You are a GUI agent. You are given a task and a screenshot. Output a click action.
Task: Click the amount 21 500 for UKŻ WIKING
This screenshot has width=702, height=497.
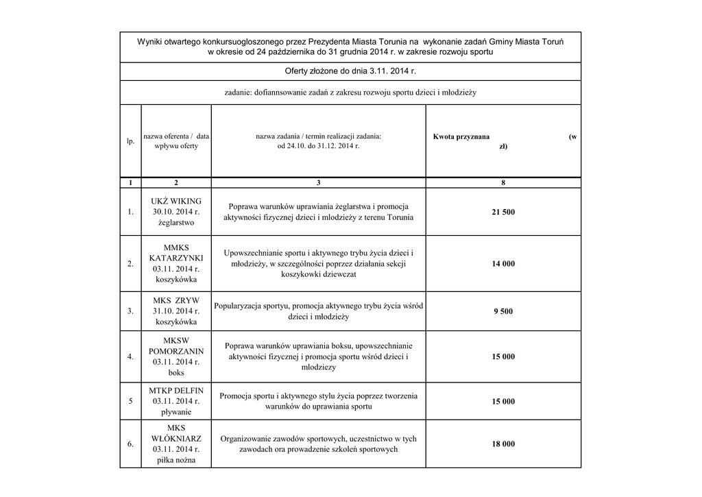503,213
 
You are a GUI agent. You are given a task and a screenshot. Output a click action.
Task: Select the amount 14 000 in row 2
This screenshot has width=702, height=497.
503,264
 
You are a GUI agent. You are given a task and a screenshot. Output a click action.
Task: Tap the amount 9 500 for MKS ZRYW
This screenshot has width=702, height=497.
503,311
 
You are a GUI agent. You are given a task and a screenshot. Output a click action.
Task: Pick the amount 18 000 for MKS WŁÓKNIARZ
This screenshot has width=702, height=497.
503,444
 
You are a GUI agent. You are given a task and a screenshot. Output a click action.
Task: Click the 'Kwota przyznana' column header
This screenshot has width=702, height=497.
461,137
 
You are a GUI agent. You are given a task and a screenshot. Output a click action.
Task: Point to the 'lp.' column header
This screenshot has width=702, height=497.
130,141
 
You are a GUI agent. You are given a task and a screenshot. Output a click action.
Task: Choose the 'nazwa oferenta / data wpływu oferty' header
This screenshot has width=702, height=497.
176,141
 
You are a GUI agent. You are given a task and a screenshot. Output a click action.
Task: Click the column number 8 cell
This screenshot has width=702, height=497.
503,183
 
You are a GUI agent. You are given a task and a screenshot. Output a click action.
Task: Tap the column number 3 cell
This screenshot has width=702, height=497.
318,183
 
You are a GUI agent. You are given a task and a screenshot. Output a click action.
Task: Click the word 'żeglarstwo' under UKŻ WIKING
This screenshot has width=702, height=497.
176,223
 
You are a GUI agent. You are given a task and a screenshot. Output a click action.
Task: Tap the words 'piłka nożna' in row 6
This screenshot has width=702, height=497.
176,461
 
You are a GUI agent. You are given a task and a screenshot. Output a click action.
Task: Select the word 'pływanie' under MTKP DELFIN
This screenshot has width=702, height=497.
176,412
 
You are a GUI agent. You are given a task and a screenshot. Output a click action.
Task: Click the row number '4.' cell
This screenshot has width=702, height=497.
130,357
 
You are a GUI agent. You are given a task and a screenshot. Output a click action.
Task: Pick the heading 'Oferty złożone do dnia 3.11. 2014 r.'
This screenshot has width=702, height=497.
350,71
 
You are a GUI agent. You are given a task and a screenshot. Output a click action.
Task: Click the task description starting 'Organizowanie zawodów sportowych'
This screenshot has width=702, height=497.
318,444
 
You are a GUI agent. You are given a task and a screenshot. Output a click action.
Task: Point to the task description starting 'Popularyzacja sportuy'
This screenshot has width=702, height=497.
318,311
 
